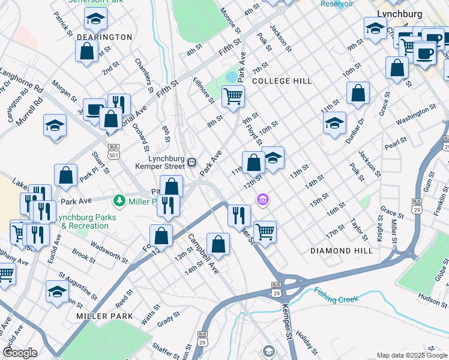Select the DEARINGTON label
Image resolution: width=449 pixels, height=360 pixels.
point(104,37)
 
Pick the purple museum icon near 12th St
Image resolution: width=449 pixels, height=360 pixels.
point(263,199)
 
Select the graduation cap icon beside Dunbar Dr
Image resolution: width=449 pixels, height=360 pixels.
point(334,124)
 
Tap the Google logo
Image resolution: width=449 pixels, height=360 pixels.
point(20,353)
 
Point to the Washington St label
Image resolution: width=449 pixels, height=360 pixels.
point(415,114)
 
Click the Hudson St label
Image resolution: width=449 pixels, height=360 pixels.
point(433,295)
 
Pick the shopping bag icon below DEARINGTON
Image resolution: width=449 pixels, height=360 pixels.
point(86,51)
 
